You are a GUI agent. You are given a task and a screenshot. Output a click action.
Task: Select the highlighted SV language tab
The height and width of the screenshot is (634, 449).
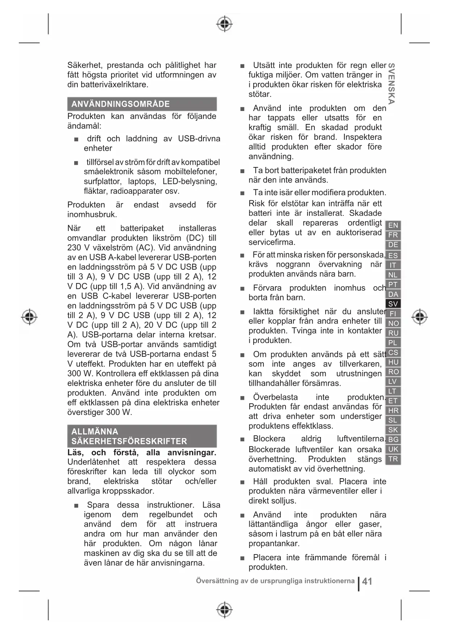(x=393, y=304)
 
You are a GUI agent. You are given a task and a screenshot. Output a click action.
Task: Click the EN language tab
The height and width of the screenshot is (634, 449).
(x=393, y=226)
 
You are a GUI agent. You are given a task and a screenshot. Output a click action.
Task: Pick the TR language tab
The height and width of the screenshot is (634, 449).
(x=393, y=459)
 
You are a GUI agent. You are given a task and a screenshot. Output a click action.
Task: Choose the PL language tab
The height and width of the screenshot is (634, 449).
(x=393, y=343)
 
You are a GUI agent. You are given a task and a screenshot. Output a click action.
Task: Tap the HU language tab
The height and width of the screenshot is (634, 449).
(x=393, y=362)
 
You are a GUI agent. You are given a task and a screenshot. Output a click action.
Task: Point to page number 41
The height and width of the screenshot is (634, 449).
(x=367, y=581)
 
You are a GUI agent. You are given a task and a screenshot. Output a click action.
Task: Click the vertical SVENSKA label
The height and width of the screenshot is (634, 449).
(x=391, y=83)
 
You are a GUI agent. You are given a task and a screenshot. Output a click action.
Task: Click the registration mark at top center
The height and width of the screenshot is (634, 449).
(x=224, y=24)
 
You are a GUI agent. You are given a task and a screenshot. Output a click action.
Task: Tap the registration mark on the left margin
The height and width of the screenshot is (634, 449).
(x=29, y=317)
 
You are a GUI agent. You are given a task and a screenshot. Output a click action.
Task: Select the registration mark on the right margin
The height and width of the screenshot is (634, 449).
(x=419, y=317)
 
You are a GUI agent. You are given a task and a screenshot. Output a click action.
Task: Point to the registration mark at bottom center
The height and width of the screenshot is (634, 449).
(x=224, y=610)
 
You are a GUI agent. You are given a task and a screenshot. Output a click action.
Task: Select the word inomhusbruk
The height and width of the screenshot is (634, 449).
(x=92, y=215)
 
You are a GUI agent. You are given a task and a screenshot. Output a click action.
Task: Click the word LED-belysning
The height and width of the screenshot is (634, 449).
(x=190, y=181)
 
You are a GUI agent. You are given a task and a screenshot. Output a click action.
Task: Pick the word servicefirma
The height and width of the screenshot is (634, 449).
(x=272, y=242)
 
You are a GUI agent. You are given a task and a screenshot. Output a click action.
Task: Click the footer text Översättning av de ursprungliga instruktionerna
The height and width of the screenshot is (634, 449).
(x=275, y=581)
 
